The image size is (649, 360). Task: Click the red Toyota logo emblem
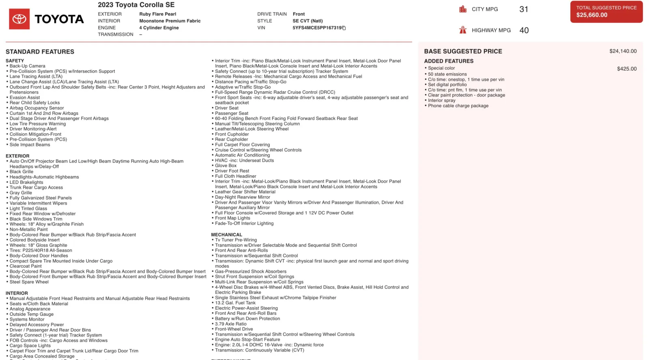(x=19, y=19)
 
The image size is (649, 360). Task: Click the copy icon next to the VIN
(x=344, y=28)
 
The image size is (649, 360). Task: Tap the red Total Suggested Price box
(x=606, y=11)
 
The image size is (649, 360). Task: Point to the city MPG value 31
(x=524, y=9)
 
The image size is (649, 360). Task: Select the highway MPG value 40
(x=524, y=30)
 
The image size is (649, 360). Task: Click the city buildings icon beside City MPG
(x=463, y=9)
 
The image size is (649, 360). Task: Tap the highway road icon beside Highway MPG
(x=463, y=30)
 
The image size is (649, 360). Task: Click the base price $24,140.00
(x=623, y=51)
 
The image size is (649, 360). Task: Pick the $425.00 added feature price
(x=627, y=69)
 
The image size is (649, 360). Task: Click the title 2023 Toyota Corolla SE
(x=136, y=5)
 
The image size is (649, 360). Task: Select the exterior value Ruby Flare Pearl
(x=157, y=14)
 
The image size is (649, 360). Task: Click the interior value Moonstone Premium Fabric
(x=170, y=21)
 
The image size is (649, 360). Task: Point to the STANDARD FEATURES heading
(x=40, y=52)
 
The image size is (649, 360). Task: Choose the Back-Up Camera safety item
(x=27, y=66)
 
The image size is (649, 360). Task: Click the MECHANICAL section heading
(x=226, y=235)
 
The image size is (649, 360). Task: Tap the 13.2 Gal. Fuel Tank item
(x=235, y=303)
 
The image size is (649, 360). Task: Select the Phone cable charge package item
(x=458, y=106)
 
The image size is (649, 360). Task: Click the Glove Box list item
(x=226, y=166)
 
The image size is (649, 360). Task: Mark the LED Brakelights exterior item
(x=26, y=182)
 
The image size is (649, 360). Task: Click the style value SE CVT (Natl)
(x=307, y=21)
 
